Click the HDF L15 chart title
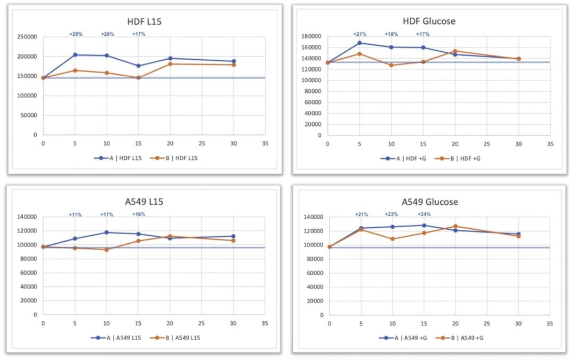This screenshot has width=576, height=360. coord(145,22)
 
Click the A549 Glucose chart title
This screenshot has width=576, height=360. coord(429,202)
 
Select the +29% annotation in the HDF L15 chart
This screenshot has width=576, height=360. coord(76,34)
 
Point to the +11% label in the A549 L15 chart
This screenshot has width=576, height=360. coord(75,214)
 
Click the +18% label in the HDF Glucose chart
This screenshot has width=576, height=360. coord(392,34)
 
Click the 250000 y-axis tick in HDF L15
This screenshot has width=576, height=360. coord(26,37)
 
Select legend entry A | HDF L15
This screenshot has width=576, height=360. coord(117,157)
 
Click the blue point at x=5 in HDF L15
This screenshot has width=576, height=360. coord(75,55)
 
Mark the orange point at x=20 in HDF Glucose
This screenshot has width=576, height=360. coord(455,51)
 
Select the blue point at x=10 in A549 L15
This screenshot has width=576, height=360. coord(107,233)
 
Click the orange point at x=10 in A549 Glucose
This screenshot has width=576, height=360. coord(393,239)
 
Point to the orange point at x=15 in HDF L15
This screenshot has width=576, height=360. coord(138,78)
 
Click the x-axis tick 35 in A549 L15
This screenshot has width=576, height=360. coord(265,323)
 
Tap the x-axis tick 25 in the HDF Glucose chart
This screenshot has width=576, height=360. coord(486,144)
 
